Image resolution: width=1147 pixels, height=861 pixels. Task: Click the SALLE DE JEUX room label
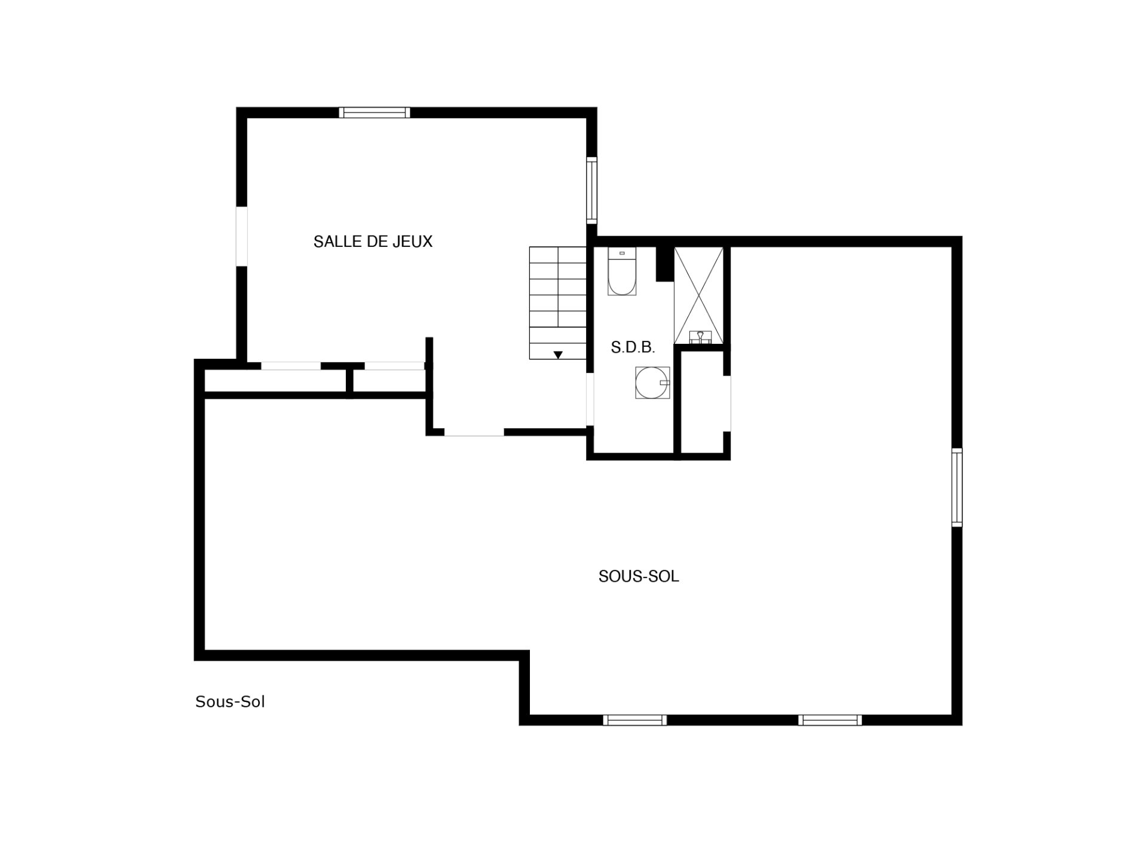click(373, 242)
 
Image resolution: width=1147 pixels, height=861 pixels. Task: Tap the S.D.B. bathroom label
click(633, 347)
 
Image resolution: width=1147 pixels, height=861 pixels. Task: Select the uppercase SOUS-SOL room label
click(639, 576)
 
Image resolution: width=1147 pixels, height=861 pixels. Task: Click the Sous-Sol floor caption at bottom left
click(230, 701)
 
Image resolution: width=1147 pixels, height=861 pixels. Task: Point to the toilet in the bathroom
click(622, 271)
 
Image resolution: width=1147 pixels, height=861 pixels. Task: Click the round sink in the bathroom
click(652, 383)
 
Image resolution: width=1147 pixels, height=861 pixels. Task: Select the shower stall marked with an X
click(698, 295)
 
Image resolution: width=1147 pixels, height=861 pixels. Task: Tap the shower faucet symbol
click(700, 337)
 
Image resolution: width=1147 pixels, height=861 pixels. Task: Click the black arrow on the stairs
click(558, 355)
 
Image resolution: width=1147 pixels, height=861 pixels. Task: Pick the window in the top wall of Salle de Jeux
click(375, 112)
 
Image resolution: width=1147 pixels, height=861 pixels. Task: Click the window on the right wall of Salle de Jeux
click(591, 190)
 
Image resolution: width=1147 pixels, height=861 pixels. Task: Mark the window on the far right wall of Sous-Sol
click(956, 487)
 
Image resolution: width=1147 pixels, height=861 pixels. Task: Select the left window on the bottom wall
click(634, 720)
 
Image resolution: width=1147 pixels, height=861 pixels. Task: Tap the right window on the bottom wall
click(830, 720)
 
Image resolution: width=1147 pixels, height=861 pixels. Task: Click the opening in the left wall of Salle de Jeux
click(241, 236)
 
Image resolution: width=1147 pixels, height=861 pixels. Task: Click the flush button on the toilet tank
click(622, 254)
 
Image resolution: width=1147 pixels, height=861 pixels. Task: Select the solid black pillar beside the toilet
click(663, 264)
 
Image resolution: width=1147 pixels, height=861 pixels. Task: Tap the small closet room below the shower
click(703, 402)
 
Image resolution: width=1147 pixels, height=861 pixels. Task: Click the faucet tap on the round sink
click(664, 382)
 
